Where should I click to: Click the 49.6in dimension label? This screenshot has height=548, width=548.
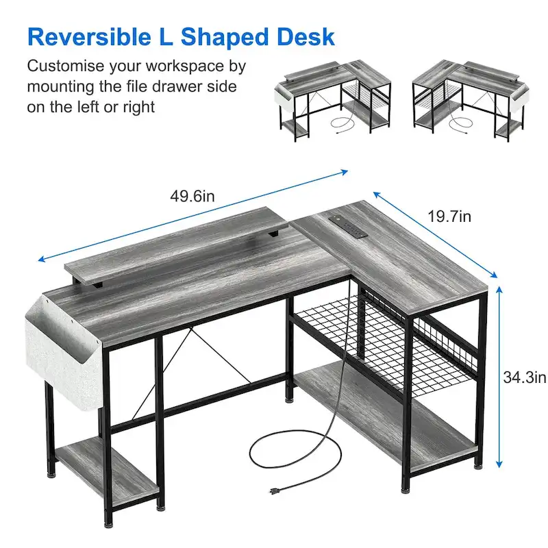192,197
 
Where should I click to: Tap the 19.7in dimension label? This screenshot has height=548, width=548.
449,217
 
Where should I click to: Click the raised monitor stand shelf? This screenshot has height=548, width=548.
175,243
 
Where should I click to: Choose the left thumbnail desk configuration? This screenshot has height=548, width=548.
334,99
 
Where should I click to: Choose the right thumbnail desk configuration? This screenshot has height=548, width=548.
471,99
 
